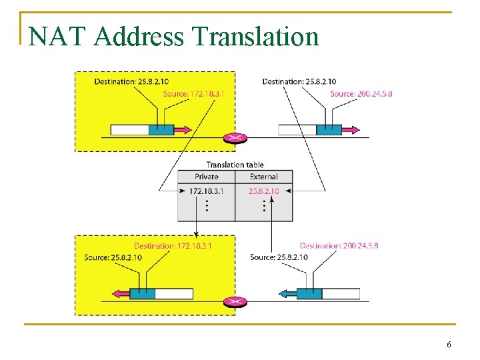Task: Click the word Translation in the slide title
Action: tap(256, 36)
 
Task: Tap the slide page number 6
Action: tap(449, 345)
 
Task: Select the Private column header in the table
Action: tap(206, 177)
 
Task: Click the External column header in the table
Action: tap(264, 177)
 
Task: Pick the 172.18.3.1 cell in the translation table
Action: tap(206, 191)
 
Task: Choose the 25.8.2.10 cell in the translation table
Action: tap(263, 191)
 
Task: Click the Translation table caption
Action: tap(235, 165)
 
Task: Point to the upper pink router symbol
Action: tap(235, 137)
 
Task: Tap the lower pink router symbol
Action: tap(235, 301)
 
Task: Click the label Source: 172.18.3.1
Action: tap(194, 94)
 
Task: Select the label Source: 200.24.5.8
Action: tap(361, 94)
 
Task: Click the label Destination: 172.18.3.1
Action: tap(173, 246)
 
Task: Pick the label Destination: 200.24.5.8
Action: tap(339, 246)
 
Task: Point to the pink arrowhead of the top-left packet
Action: tap(184, 130)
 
